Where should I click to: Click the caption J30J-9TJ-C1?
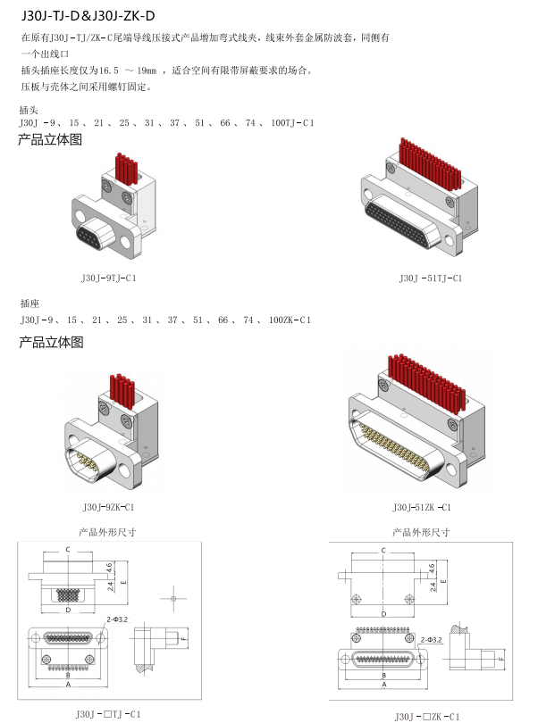108,278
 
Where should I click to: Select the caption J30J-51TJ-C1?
431,278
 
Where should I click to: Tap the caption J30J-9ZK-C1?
108,507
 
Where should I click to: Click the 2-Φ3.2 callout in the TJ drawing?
117,619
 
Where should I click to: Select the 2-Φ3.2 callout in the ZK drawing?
432,640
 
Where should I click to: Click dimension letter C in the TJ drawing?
68,549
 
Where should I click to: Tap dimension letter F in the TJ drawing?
182,640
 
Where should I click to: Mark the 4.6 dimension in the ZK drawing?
433,567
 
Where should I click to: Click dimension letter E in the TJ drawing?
123,580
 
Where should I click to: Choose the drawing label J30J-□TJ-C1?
108,713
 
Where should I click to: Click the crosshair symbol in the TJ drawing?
172,597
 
